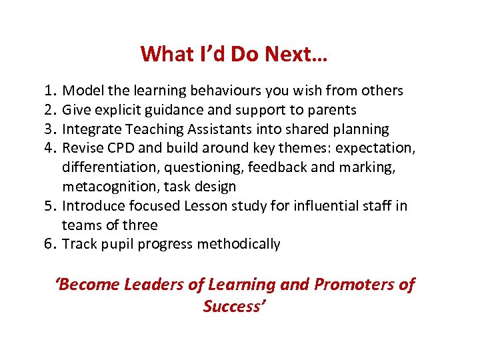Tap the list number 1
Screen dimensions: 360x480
tap(49, 90)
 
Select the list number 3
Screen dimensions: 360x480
tap(49, 129)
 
